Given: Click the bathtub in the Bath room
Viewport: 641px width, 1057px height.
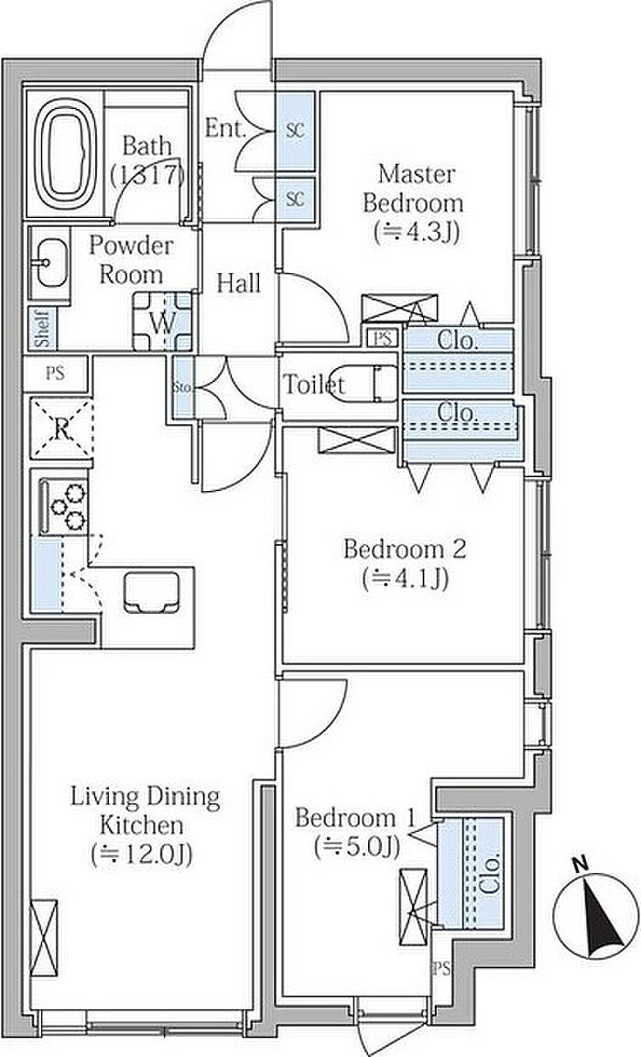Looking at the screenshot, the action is [65, 155].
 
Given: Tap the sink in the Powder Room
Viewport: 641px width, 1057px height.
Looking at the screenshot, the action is [50, 262].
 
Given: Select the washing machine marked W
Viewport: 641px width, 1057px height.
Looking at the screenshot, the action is [162, 321].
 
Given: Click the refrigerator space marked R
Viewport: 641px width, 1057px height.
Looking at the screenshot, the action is [61, 429].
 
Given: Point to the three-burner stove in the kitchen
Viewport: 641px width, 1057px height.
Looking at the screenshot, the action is [64, 507].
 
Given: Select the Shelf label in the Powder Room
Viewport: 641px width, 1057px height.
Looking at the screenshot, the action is [43, 328].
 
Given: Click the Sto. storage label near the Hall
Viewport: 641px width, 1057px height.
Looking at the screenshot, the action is [183, 387].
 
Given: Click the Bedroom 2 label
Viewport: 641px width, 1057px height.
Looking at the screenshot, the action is [405, 549].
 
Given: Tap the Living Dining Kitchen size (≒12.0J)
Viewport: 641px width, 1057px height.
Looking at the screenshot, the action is [142, 854].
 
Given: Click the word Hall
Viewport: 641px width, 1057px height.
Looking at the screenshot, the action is [239, 283].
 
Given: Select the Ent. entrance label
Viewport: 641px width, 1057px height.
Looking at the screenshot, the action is [224, 128].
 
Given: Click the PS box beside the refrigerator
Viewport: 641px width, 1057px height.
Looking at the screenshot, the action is [55, 374].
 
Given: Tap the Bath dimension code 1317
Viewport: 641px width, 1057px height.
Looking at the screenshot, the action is [148, 175].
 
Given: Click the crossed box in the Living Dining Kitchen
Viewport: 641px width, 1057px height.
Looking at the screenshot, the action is [44, 938].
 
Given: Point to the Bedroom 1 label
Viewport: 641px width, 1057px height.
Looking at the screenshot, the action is [353, 818].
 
